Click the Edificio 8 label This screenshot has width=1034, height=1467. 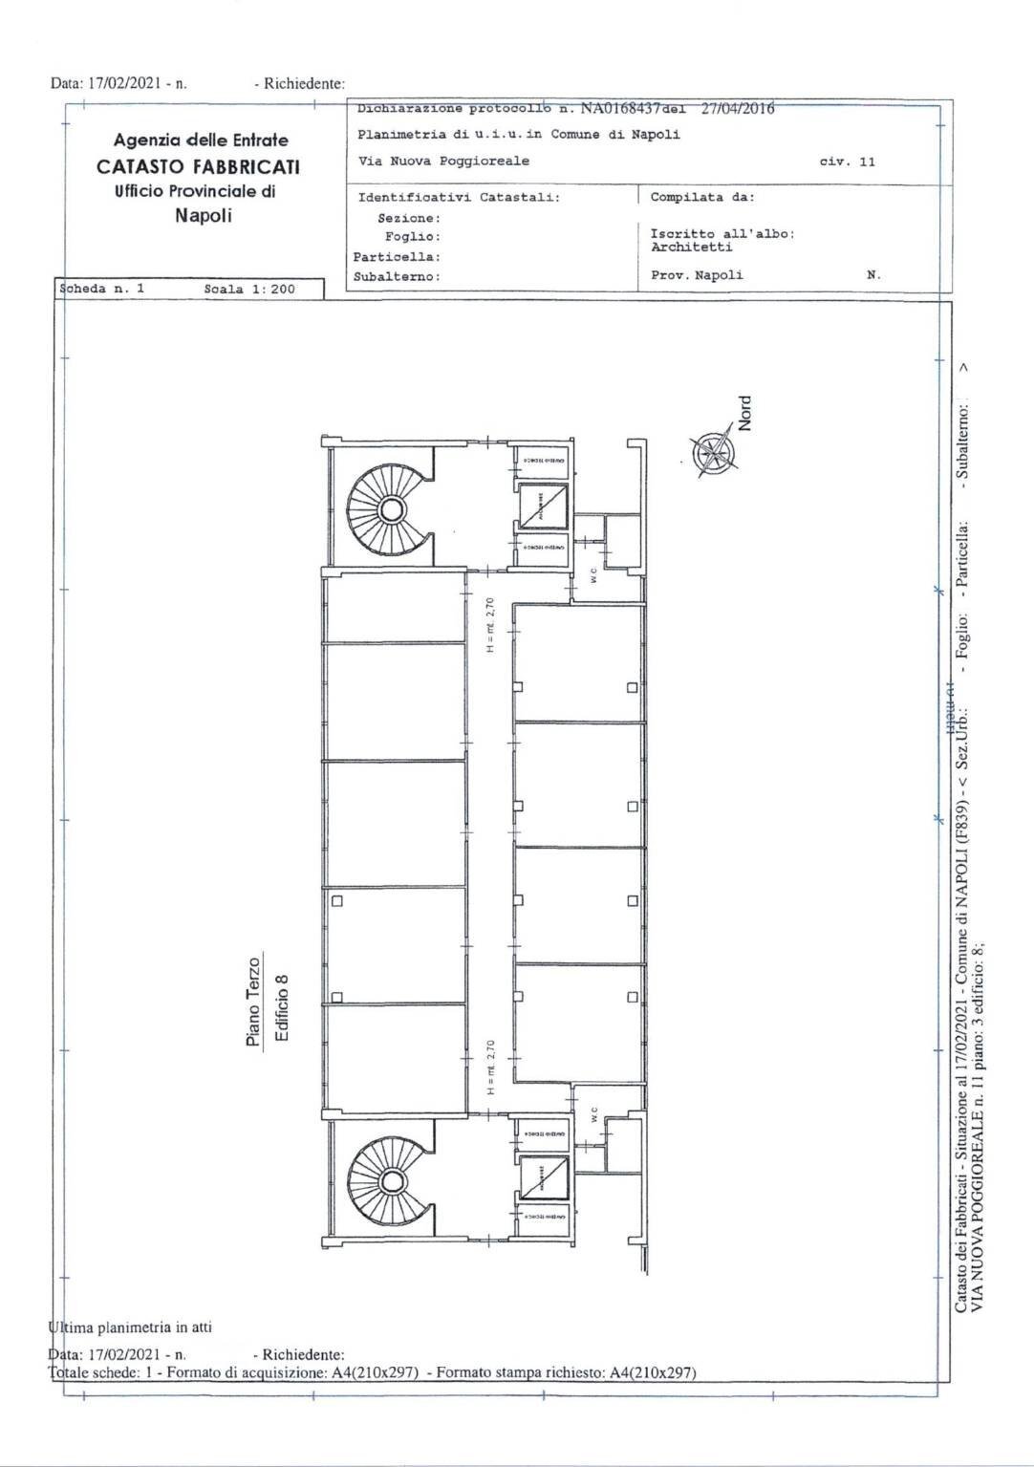[281, 1008]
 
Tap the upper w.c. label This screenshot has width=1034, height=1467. [593, 576]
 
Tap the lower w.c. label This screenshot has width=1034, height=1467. [593, 1114]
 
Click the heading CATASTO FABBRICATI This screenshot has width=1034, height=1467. [198, 166]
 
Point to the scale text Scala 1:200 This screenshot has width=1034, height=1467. [249, 289]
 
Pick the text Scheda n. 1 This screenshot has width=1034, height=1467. [101, 288]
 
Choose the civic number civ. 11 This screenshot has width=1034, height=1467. [847, 162]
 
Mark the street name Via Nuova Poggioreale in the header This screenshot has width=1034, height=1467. [443, 161]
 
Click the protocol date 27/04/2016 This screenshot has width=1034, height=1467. [737, 108]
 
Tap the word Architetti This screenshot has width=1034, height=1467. [691, 248]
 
